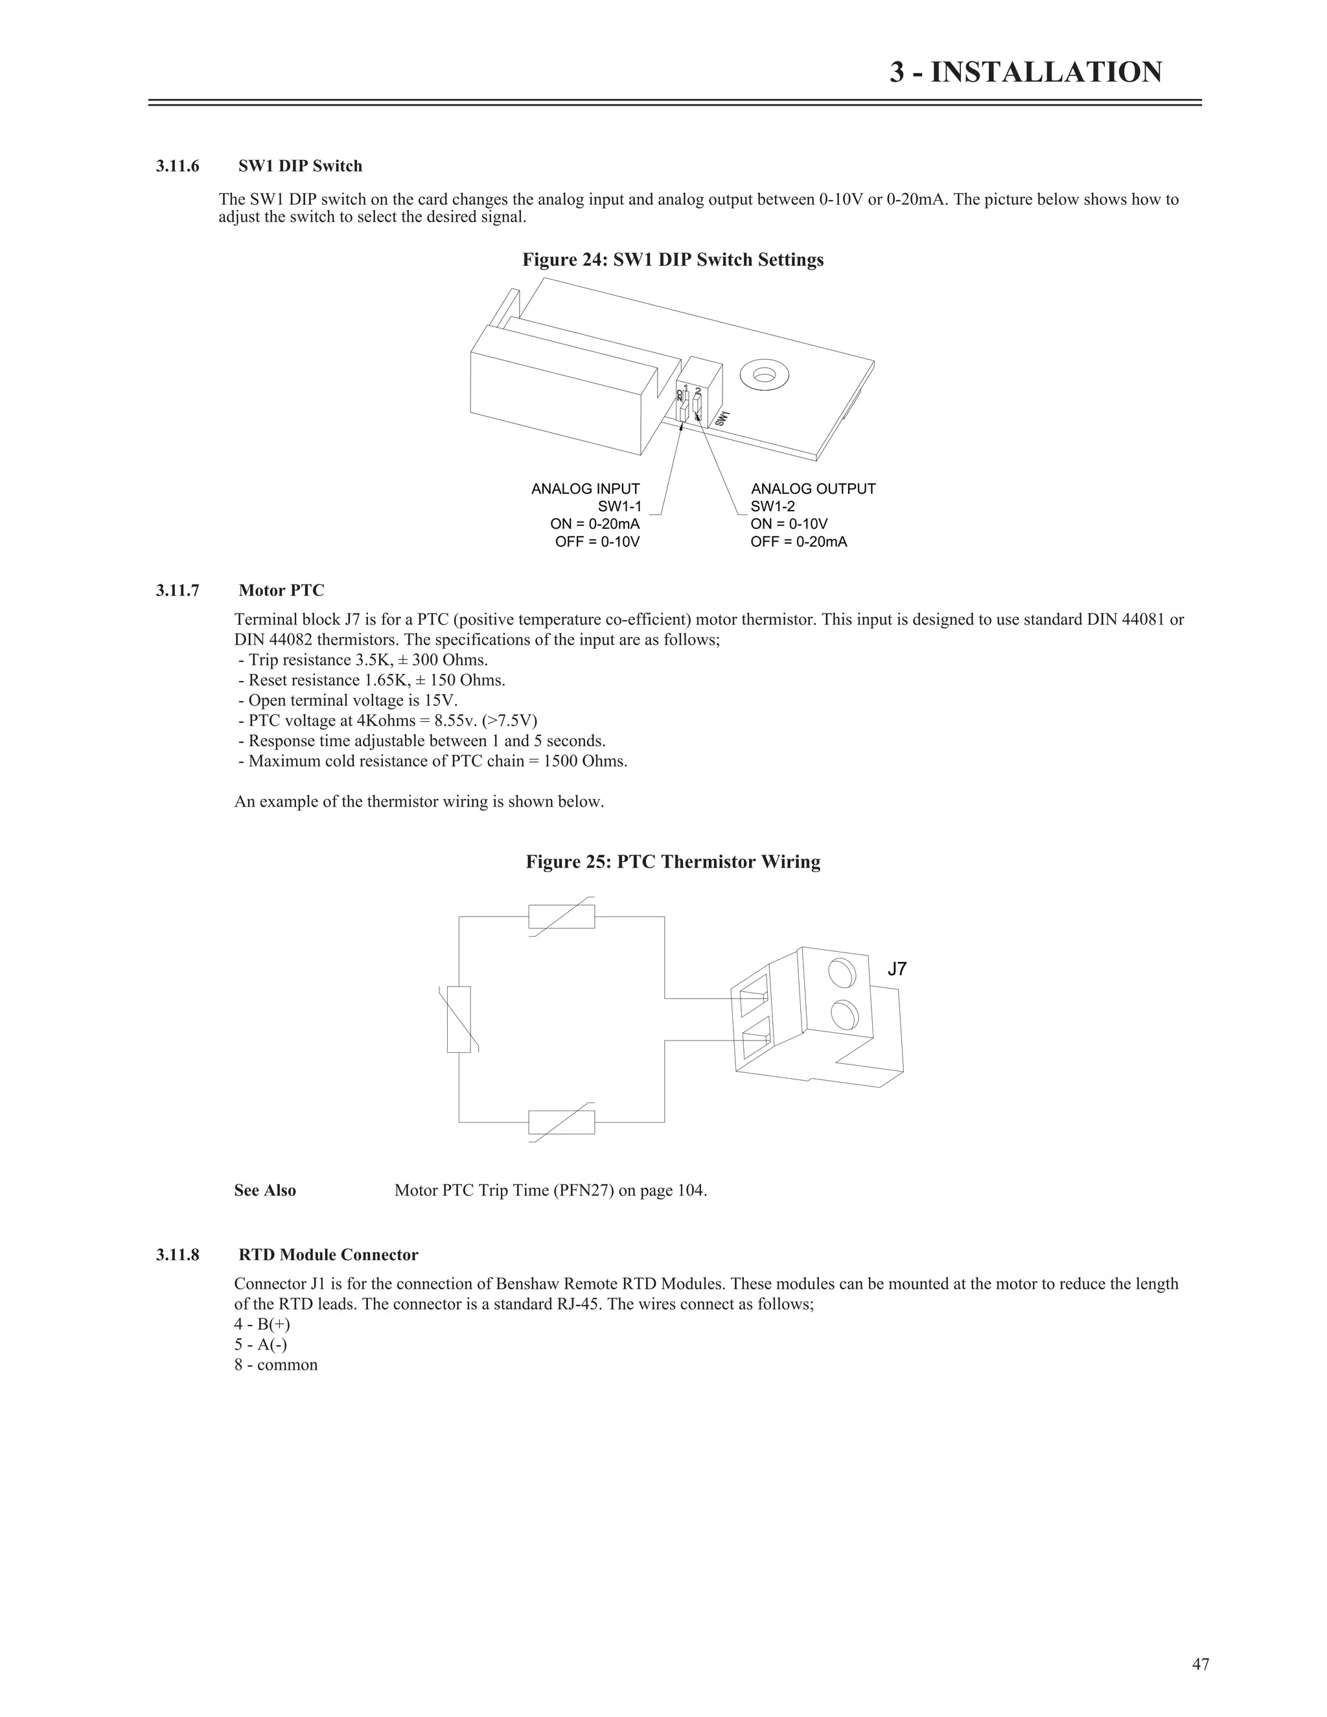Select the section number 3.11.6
coord(178,166)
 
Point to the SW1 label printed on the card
coord(722,419)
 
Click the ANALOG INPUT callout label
coord(586,489)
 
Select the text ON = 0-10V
coord(789,524)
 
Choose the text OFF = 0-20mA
coord(799,542)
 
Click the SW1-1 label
coord(619,506)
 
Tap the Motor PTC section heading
coord(281,590)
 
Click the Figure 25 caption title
coord(673,862)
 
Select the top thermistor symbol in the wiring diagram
coord(561,917)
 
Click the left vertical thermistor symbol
coord(459,1019)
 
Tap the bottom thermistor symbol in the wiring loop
coord(561,1122)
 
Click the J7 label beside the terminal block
coord(897,969)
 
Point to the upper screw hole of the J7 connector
coord(842,973)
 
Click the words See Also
coord(265,1190)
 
